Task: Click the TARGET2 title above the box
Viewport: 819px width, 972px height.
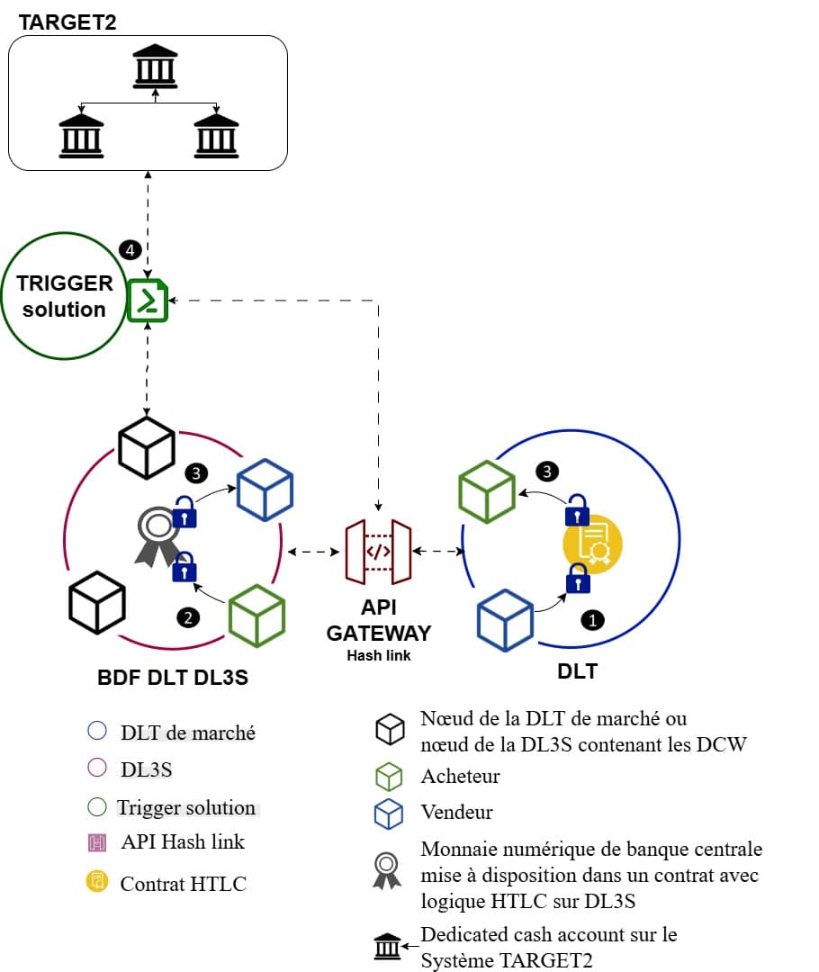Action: coord(67,22)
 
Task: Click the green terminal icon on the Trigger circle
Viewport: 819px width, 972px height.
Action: coord(148,300)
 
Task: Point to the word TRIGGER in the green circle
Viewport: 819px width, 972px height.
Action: coord(65,283)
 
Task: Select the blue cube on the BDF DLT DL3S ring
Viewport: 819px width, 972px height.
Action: coord(265,490)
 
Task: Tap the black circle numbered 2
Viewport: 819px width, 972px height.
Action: coord(188,617)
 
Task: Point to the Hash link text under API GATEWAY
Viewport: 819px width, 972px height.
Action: coord(379,655)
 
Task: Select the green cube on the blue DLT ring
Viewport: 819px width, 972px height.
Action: coord(487,492)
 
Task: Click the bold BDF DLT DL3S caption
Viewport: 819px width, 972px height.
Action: coord(173,678)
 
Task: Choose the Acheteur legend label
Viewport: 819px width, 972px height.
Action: coord(460,776)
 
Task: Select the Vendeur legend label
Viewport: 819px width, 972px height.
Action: coord(456,812)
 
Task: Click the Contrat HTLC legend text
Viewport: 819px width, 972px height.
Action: coord(183,884)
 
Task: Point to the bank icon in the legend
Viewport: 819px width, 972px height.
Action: coord(388,947)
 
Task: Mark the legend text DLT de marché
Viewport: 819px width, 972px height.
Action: coord(188,733)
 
